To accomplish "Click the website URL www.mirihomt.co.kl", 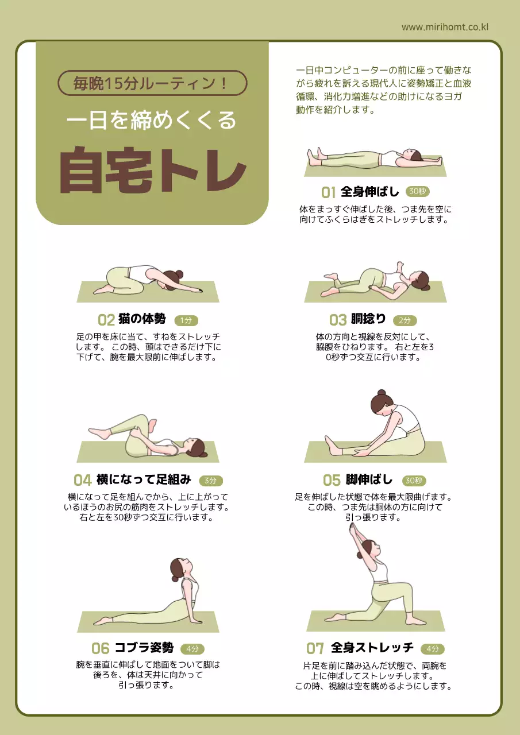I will pyautogui.click(x=445, y=27).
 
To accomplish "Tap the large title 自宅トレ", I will pyautogui.click(x=152, y=171).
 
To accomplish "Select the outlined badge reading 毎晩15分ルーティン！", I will pyautogui.click(x=152, y=83).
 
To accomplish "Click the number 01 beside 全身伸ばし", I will pyautogui.click(x=328, y=192).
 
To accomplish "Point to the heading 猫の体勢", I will pyautogui.click(x=142, y=319).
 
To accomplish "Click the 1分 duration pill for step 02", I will pyautogui.click(x=186, y=320).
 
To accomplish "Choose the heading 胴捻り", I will pyautogui.click(x=368, y=319).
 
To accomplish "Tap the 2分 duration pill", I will pyautogui.click(x=405, y=320).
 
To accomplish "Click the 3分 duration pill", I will pyautogui.click(x=211, y=481).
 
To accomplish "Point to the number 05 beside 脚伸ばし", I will pyautogui.click(x=332, y=480).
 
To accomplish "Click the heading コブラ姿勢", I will pyautogui.click(x=144, y=648).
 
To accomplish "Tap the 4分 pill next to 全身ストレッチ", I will pyautogui.click(x=433, y=649).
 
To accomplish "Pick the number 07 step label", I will pyautogui.click(x=315, y=649).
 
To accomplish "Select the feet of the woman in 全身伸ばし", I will pyautogui.click(x=314, y=156).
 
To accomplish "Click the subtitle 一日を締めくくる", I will pyautogui.click(x=152, y=121).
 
